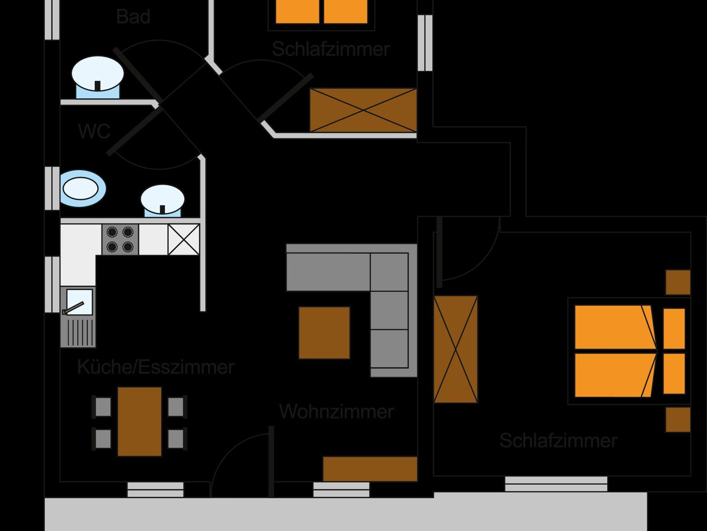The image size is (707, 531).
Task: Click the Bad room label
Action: click(x=133, y=17)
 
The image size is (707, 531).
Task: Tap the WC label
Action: click(x=94, y=132)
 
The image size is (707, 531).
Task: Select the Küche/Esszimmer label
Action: click(x=156, y=367)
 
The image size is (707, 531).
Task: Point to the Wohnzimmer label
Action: click(x=336, y=412)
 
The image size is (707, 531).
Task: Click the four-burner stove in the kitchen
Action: click(x=120, y=240)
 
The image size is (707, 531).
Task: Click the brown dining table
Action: click(x=139, y=422)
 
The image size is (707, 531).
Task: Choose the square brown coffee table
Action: click(x=324, y=333)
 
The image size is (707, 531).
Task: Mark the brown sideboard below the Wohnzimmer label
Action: click(x=370, y=469)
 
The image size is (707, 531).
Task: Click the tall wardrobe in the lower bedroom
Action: click(x=456, y=349)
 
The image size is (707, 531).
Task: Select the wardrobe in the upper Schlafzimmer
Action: click(x=363, y=110)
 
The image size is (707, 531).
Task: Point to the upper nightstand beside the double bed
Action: click(x=678, y=282)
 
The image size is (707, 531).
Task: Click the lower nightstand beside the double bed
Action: click(x=678, y=419)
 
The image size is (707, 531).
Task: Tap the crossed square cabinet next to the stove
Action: click(x=184, y=240)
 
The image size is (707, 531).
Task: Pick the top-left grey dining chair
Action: click(x=103, y=407)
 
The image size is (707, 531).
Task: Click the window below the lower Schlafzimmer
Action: click(x=556, y=484)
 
